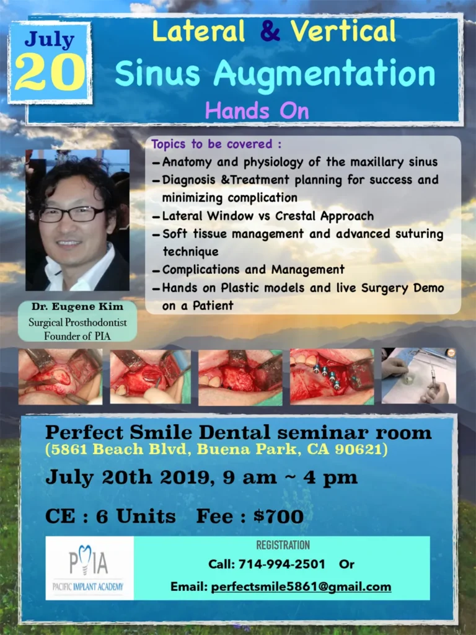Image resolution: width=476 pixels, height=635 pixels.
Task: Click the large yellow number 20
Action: (50, 72)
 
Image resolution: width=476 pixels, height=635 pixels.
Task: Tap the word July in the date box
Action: (50, 39)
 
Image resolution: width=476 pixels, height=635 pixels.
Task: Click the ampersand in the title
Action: (270, 31)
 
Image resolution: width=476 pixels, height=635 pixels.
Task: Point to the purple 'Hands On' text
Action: (257, 110)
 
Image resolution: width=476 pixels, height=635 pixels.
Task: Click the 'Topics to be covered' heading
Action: (216, 144)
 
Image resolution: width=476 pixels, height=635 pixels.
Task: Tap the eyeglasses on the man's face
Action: (71, 214)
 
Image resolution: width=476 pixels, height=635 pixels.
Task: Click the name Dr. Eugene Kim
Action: (77, 306)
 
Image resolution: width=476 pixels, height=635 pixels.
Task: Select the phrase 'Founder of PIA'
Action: (77, 336)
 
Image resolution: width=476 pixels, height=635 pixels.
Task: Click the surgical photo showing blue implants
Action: (332, 376)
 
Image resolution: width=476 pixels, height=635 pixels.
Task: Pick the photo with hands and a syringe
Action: (419, 376)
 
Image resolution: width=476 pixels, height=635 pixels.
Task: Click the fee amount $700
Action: (278, 517)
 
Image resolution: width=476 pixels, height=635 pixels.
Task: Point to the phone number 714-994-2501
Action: (281, 564)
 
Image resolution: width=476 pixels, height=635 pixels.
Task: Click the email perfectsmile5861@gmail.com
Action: (301, 587)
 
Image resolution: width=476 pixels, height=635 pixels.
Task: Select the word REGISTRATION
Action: (283, 545)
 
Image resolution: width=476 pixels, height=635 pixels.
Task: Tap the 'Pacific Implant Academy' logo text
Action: (88, 587)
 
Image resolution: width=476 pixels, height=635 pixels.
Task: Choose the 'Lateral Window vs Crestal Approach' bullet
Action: (268, 216)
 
